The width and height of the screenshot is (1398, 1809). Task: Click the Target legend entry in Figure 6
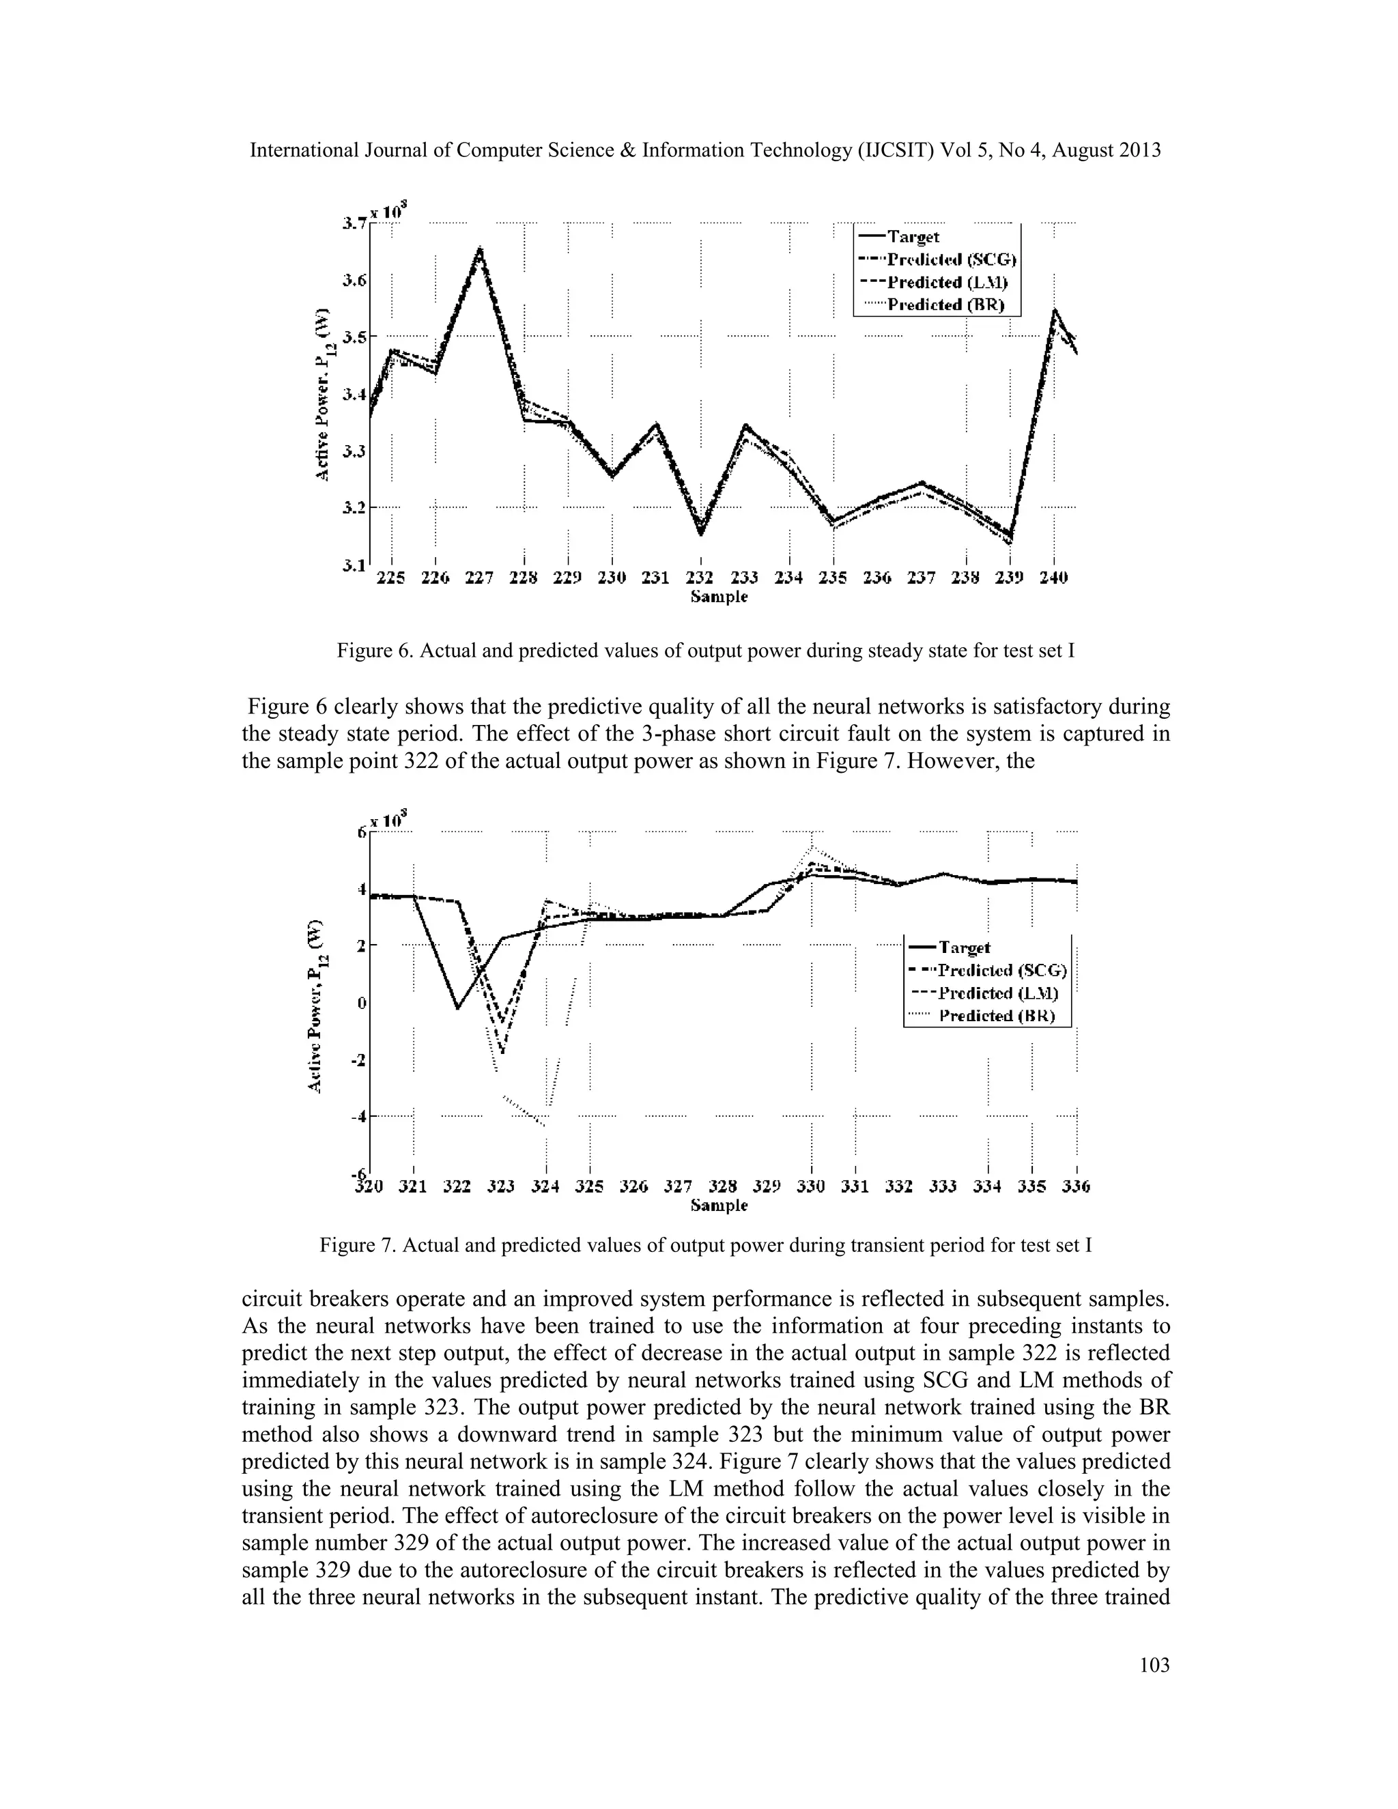coord(913,237)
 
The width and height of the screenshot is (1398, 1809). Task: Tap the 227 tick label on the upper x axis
coord(479,578)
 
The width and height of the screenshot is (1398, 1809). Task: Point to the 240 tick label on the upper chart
coord(1053,578)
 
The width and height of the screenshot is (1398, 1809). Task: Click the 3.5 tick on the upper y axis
coord(354,337)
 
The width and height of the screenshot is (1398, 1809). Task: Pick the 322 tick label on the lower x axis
coord(457,1187)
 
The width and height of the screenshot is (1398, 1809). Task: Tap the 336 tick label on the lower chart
coord(1076,1187)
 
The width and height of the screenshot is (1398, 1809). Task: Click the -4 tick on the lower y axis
coord(358,1117)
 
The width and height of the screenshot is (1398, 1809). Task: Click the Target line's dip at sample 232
coord(700,532)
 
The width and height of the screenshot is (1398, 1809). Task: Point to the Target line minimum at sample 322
coord(458,1008)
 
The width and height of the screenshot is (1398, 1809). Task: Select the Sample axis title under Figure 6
coord(719,597)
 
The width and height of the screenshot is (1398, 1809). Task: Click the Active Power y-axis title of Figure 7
coord(315,1005)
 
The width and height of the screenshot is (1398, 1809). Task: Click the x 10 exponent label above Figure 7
coord(386,819)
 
